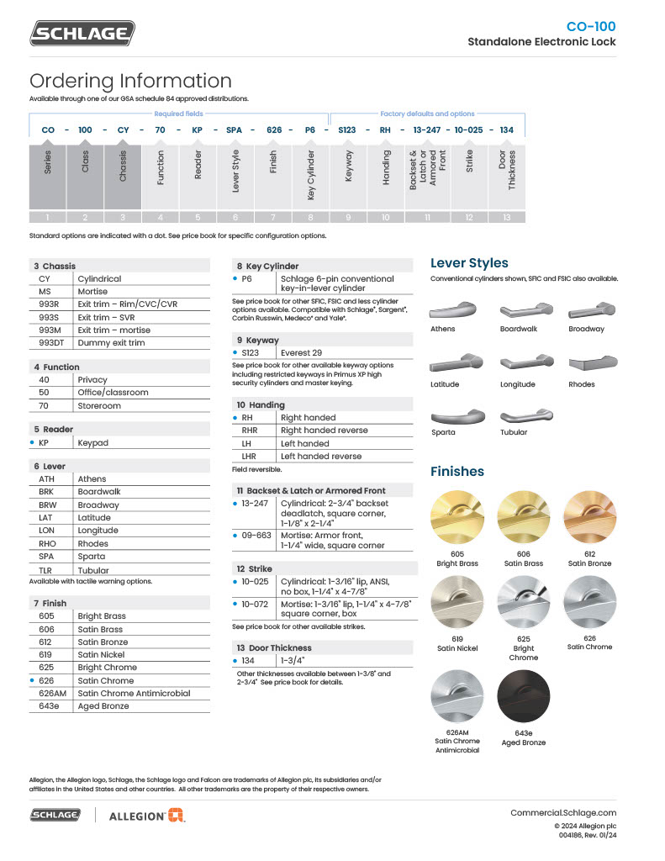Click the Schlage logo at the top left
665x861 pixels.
pos(82,33)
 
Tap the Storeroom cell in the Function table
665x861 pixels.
pos(99,405)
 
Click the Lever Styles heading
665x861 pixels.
pos(469,263)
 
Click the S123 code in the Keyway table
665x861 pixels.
pos(251,353)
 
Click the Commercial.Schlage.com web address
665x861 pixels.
pos(563,812)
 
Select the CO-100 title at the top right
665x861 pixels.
pos(590,27)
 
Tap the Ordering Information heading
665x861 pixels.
pos(130,82)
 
